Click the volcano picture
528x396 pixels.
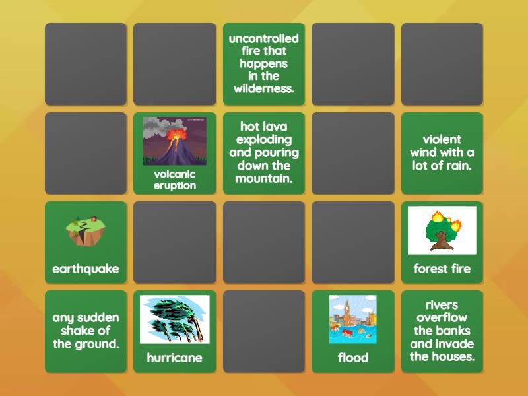[175, 141]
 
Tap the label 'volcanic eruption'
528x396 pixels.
[175, 180]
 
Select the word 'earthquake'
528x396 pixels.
[86, 269]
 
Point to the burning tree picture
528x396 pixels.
[442, 230]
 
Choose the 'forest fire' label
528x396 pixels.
[442, 269]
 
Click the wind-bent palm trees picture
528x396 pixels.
[175, 319]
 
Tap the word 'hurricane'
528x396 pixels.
[175, 358]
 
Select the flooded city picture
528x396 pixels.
[352, 319]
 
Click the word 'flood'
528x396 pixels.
[352, 358]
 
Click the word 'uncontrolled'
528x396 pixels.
[264, 38]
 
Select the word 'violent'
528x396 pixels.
[442, 139]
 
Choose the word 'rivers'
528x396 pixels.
[442, 305]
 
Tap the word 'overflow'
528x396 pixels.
[442, 317]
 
